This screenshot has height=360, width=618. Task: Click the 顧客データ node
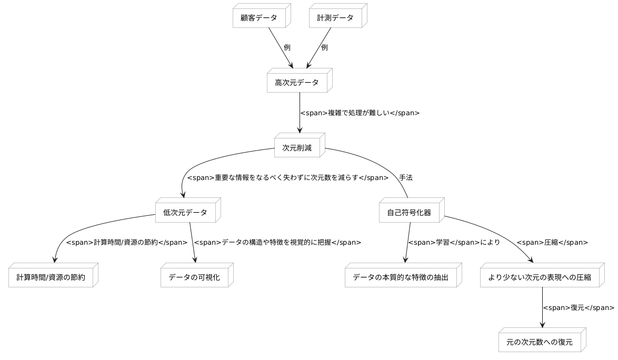coord(259,17)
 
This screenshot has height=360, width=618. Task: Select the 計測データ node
coord(335,17)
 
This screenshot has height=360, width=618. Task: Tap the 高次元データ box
coord(297,83)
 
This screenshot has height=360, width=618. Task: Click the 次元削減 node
coord(297,148)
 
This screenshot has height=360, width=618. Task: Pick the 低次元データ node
coord(185,213)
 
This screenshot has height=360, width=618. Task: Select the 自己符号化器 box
coord(409,213)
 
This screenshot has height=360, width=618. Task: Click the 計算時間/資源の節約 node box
coord(50,277)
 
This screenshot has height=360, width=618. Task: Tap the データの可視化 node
coord(194,277)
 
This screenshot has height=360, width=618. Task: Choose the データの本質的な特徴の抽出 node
coord(400,277)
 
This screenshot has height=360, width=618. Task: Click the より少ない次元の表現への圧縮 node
coord(539,277)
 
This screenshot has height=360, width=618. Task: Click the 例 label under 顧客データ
coord(287,47)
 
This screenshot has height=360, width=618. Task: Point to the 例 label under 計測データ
coord(324,47)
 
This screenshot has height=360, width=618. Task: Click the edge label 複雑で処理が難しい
coord(360,113)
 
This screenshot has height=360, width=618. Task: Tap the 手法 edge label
coord(405,178)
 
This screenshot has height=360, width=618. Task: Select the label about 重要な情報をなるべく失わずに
coord(287,178)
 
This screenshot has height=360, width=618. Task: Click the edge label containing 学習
coord(454,243)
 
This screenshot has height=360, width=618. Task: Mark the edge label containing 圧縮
coord(552,243)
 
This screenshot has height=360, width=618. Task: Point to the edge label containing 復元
coord(578,308)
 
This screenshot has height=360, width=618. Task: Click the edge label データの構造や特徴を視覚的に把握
coord(277,243)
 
